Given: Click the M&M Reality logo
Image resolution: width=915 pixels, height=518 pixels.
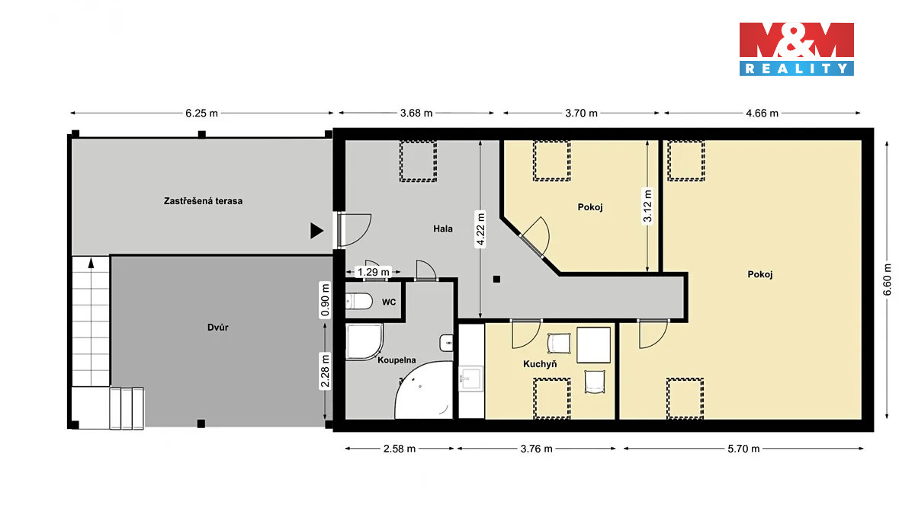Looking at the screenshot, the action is tap(797, 49).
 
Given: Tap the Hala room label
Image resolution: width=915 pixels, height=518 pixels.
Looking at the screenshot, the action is tap(443, 229).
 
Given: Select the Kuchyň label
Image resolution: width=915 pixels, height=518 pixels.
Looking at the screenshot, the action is tap(540, 364).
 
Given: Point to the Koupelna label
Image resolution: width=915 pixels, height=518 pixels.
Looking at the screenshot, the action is tap(396, 360).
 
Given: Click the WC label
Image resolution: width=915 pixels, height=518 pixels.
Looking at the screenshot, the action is tap(389, 302).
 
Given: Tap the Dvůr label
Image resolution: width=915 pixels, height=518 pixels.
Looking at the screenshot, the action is tap(218, 328).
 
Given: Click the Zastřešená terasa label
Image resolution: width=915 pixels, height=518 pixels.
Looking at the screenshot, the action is tap(203, 201).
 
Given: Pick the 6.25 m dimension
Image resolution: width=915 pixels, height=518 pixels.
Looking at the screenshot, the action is tap(202, 113).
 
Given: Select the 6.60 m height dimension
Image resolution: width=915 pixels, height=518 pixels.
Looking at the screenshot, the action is tap(887, 280).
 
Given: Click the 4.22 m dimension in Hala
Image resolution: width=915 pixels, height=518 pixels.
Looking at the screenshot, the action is tap(480, 229).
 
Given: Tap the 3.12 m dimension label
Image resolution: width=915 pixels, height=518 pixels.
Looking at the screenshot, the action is tap(647, 206).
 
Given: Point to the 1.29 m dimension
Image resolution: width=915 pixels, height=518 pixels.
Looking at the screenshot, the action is tap(374, 272).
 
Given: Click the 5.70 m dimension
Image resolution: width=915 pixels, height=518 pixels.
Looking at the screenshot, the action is tap(743, 449).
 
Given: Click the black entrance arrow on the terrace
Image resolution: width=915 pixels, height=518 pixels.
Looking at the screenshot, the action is tap(317, 231).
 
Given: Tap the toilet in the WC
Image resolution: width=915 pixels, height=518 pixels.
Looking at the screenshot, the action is tap(359, 302).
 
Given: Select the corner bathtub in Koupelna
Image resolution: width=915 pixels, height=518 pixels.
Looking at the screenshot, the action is tap(425, 390).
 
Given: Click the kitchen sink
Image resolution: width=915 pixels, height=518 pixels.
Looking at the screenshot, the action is tap(471, 379).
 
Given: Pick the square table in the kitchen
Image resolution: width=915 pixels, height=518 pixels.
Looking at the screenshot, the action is tap(593, 345).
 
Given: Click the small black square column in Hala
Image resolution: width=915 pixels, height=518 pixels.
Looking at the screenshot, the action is tap(496, 280).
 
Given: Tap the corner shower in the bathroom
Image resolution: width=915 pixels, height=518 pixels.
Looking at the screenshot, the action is tap(364, 342).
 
